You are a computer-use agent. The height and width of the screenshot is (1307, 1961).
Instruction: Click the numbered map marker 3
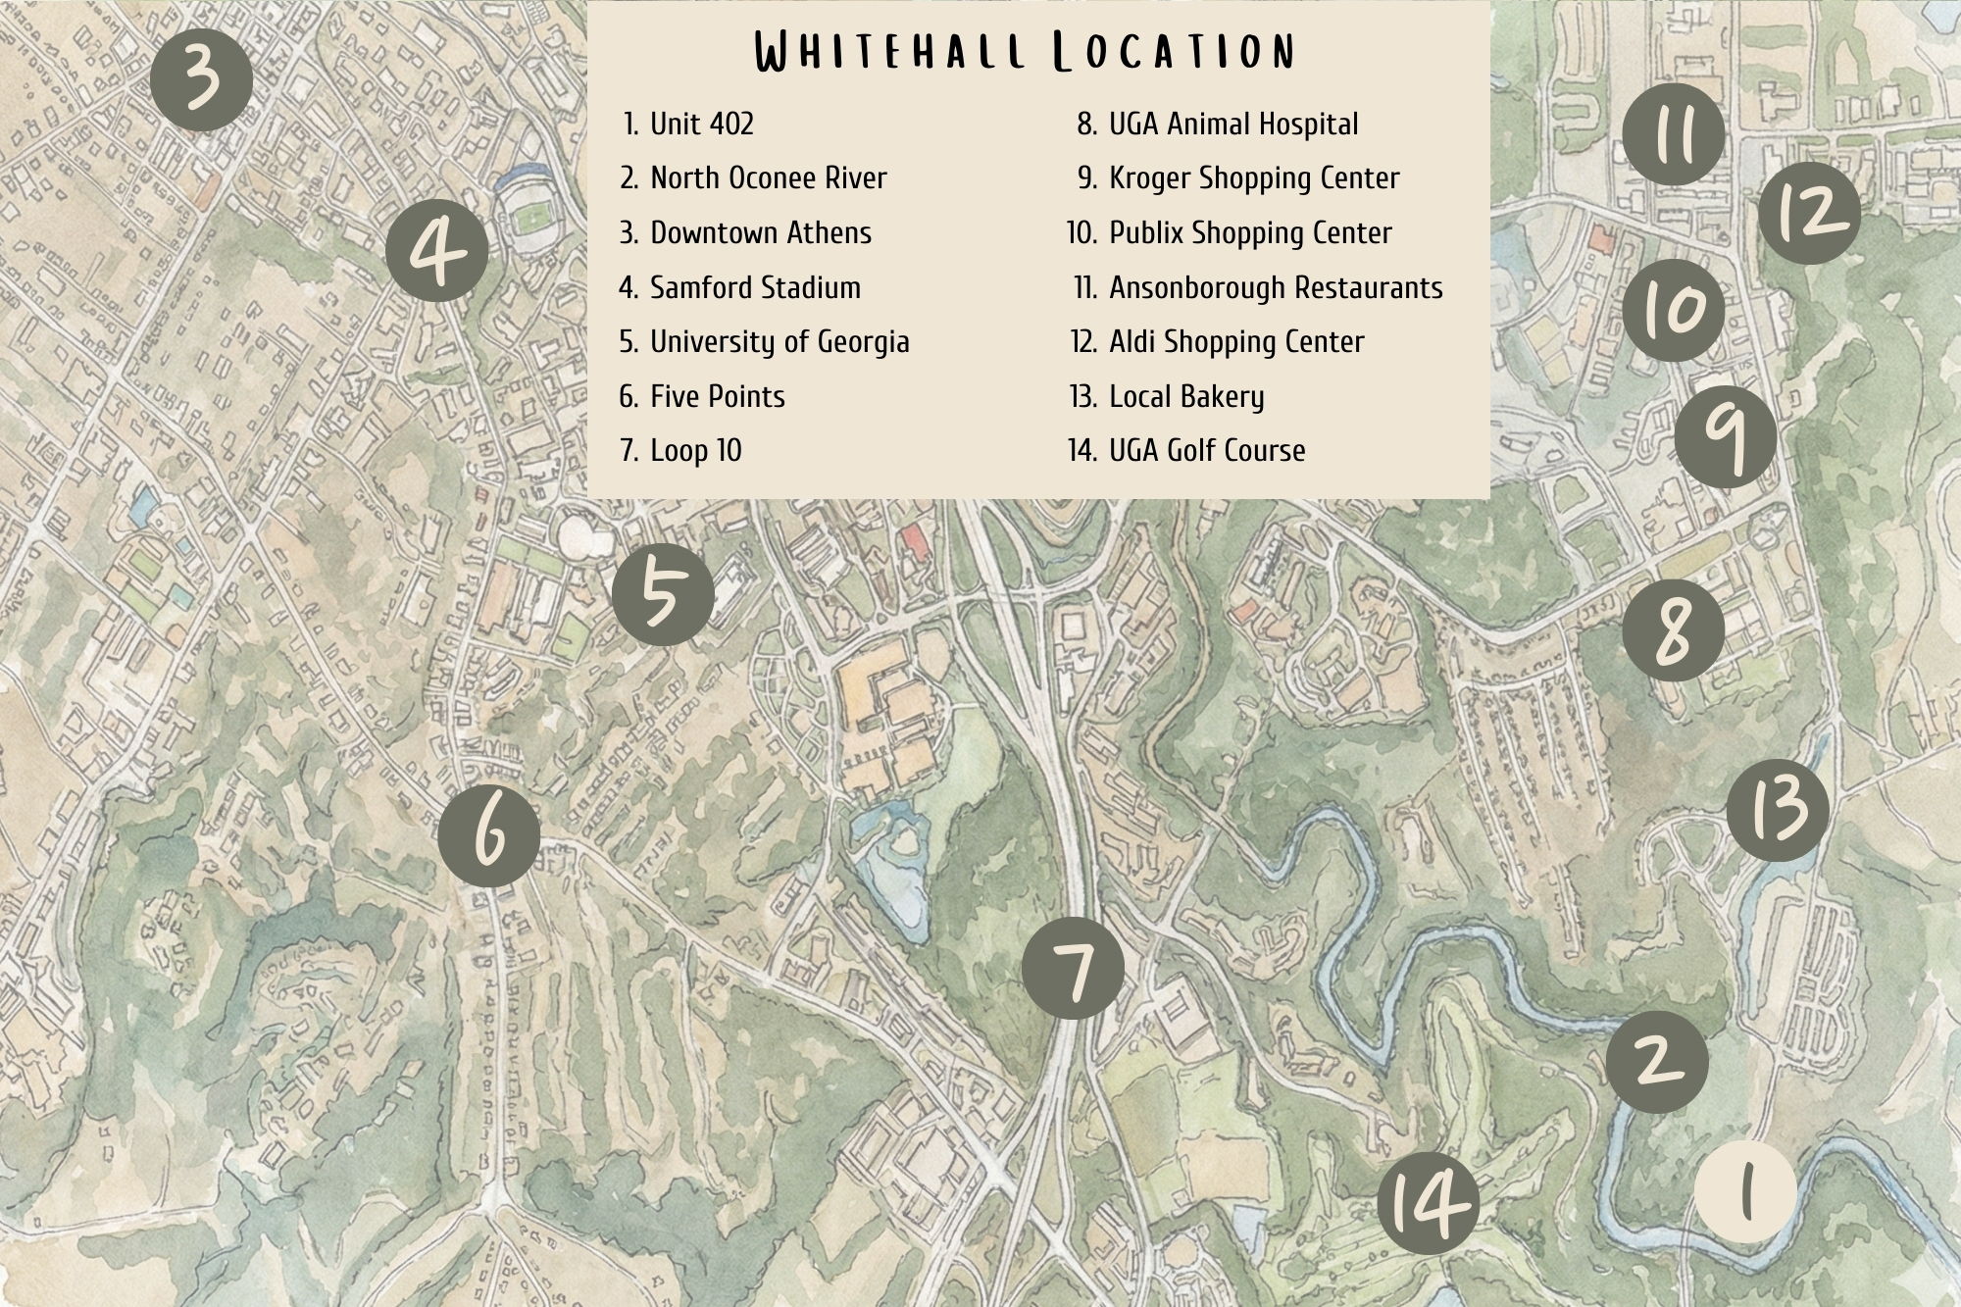pos(202,80)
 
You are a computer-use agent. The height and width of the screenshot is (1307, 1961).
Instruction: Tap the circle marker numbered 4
pos(436,251)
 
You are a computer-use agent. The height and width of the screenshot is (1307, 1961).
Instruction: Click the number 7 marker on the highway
pos(1073,968)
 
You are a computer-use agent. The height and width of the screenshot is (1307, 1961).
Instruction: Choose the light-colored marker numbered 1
pos(1745,1193)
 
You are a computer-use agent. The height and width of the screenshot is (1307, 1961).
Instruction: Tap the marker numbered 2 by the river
pos(1656,1061)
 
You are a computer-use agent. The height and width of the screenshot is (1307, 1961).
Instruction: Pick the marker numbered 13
pos(1777,809)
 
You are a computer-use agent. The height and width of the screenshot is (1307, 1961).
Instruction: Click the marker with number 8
pos(1673,629)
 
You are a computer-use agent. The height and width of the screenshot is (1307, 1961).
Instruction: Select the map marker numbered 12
pos(1809,212)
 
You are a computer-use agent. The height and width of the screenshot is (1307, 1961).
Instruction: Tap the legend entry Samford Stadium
pos(754,287)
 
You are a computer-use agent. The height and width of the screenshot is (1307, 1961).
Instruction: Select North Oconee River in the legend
pos(768,178)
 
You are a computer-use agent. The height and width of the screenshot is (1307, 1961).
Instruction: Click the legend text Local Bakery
pos(1185,396)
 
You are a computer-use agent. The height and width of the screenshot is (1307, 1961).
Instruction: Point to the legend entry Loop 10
pos(695,451)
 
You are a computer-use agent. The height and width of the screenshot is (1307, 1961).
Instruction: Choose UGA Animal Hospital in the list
pos(1232,125)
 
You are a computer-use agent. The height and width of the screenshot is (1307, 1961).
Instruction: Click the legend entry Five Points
pos(717,396)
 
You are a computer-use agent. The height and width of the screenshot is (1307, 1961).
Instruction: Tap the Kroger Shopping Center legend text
pos(1253,178)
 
